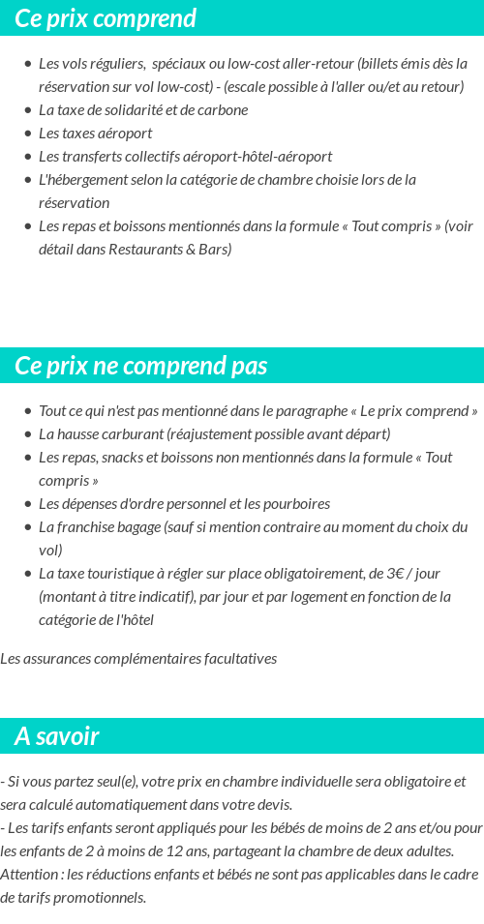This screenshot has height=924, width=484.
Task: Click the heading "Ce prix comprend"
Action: (x=106, y=18)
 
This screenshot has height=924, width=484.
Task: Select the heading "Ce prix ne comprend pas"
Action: (x=141, y=366)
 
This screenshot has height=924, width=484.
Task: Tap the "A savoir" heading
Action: (x=57, y=736)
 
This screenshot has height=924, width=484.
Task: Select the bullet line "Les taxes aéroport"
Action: (x=95, y=133)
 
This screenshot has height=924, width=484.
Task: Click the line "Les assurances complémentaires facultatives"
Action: (x=138, y=658)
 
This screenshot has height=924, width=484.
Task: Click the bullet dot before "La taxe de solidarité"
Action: (x=27, y=110)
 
